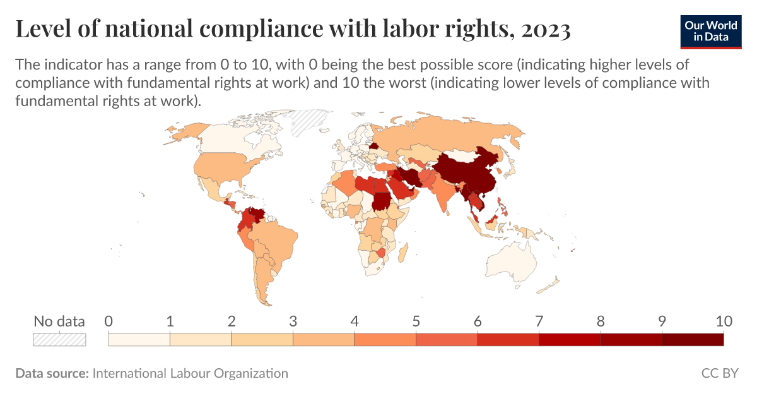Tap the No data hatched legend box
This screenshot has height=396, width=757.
(x=59, y=339)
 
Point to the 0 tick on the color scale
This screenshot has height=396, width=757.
(x=109, y=321)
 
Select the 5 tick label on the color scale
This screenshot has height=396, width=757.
(x=416, y=321)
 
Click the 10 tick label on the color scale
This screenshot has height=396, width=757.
(x=723, y=321)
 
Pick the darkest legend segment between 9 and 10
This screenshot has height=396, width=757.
(x=692, y=339)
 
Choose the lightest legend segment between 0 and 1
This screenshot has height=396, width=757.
(x=139, y=339)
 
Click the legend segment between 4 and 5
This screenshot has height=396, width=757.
(x=385, y=339)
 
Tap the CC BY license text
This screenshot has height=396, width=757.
(x=719, y=373)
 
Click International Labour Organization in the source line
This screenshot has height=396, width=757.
(x=190, y=373)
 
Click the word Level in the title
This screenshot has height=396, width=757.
(x=42, y=29)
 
